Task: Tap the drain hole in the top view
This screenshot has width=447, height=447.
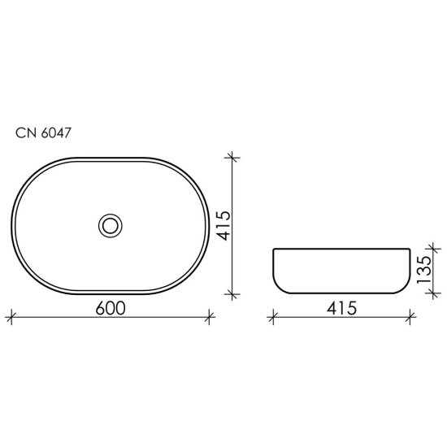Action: coord(111,224)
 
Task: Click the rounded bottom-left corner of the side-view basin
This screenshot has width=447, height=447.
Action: coord(277,287)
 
